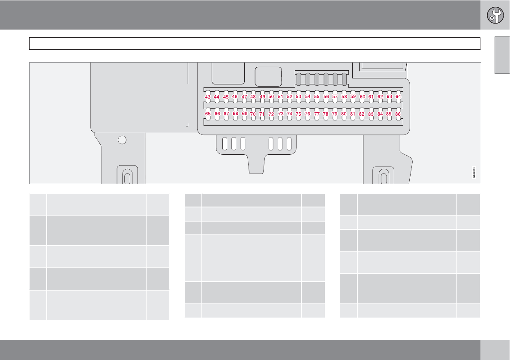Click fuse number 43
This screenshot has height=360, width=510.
(x=207, y=97)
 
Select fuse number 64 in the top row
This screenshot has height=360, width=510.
(x=398, y=97)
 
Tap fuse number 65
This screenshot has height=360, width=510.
(x=208, y=114)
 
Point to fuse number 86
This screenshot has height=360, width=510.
(x=398, y=114)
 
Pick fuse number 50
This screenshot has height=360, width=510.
(x=271, y=97)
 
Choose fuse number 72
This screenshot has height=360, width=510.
(x=271, y=114)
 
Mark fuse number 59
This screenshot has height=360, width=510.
(x=353, y=97)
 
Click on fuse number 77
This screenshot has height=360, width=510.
(x=317, y=114)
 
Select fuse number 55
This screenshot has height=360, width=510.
(x=317, y=97)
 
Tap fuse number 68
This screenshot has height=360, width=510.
(x=235, y=114)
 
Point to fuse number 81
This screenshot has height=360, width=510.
(x=353, y=114)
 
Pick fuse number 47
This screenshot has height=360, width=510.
(x=244, y=97)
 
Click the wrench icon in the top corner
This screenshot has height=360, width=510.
(x=495, y=15)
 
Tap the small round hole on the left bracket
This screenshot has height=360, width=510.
(x=122, y=140)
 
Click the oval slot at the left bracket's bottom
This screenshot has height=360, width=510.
(x=127, y=177)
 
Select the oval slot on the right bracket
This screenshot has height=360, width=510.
(x=384, y=177)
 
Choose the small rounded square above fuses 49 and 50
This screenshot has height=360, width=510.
(x=268, y=76)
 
